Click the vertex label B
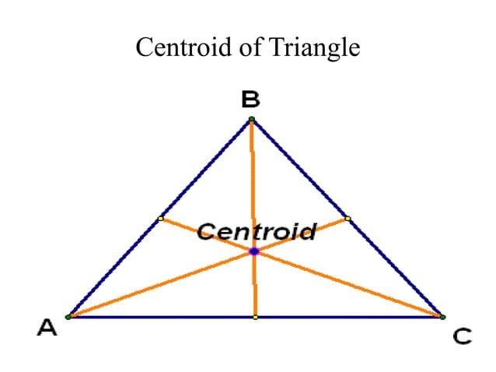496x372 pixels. click(x=250, y=99)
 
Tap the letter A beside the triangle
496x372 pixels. click(x=47, y=328)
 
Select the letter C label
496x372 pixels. click(x=462, y=336)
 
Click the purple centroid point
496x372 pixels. click(x=254, y=251)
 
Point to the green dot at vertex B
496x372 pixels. click(x=251, y=119)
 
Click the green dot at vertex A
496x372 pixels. click(x=68, y=317)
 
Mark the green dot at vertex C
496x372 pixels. click(x=443, y=317)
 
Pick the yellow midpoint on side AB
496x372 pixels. click(x=161, y=219)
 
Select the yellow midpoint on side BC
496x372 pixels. click(x=348, y=219)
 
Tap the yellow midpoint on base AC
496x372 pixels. click(x=256, y=318)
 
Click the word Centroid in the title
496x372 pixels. click(x=183, y=47)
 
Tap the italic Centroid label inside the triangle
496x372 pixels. click(x=257, y=231)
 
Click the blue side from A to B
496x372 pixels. click(x=159, y=218)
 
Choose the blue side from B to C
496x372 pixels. click(x=348, y=218)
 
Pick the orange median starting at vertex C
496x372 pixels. click(x=302, y=268)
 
